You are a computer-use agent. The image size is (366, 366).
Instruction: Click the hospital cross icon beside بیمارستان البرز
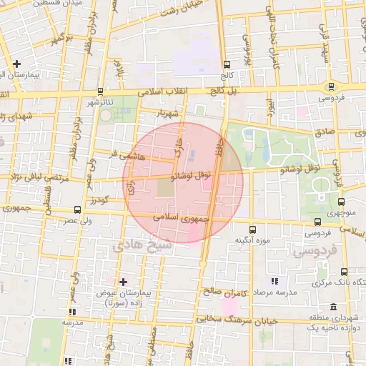[x=16, y=64]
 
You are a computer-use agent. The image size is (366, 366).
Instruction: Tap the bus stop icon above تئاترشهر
[x=99, y=91]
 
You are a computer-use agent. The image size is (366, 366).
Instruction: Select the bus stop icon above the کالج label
[x=227, y=64]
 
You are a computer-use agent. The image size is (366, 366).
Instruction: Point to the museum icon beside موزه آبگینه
[x=252, y=229]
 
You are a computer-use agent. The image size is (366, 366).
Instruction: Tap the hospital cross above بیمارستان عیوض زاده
[x=123, y=282]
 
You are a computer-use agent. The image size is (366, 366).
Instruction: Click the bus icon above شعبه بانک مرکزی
[x=344, y=272]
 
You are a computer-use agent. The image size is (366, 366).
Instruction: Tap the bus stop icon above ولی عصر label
[x=77, y=210]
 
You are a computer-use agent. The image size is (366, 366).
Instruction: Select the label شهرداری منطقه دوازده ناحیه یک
[x=331, y=322]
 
